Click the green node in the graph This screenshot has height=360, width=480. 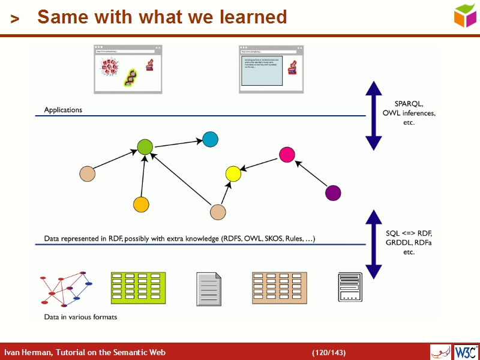click(x=145, y=146)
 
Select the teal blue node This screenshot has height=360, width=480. click(x=210, y=139)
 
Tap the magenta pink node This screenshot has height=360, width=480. click(x=287, y=155)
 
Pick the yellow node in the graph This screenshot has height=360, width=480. click(x=233, y=174)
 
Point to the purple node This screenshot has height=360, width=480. click(x=332, y=193)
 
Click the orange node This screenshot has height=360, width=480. click(x=141, y=205)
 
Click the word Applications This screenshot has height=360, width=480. click(x=63, y=110)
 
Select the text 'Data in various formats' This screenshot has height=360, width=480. click(x=80, y=317)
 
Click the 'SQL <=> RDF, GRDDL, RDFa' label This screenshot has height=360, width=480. click(x=409, y=242)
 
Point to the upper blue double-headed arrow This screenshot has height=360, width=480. click(x=374, y=115)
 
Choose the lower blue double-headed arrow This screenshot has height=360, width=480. click(x=374, y=244)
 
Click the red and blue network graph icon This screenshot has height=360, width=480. click(x=66, y=289)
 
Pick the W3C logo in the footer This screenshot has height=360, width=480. click(x=466, y=352)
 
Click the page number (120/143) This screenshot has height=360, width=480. click(x=328, y=352)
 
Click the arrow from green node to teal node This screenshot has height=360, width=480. click(x=178, y=143)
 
